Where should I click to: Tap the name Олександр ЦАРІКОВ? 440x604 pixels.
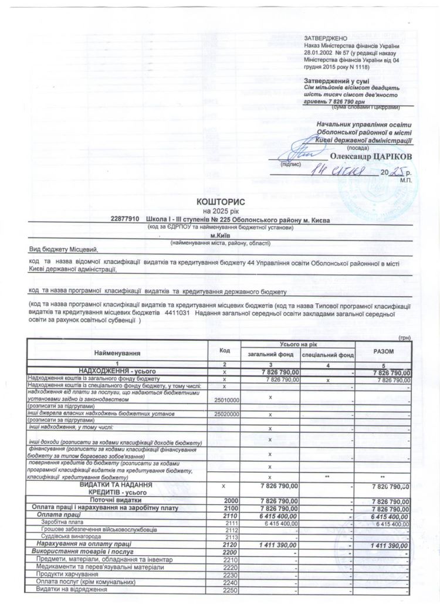[371, 156]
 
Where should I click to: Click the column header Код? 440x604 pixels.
[224, 350]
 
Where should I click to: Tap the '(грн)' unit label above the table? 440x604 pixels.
[405, 337]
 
